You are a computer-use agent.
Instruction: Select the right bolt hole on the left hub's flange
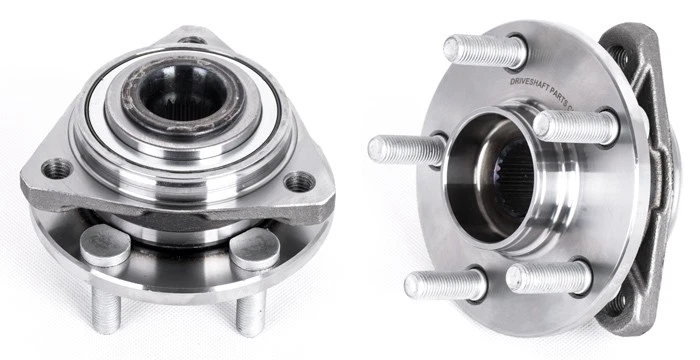pos(298,182)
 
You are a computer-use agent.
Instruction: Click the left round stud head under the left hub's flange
pos(103,246)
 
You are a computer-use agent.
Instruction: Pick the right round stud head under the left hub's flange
pos(255,248)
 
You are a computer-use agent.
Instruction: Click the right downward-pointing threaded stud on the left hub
pos(249,312)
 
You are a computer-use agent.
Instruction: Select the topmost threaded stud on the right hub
pos(477,49)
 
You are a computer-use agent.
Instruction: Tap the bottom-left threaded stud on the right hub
pos(440,283)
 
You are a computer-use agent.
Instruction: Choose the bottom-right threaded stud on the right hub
pos(547,277)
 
